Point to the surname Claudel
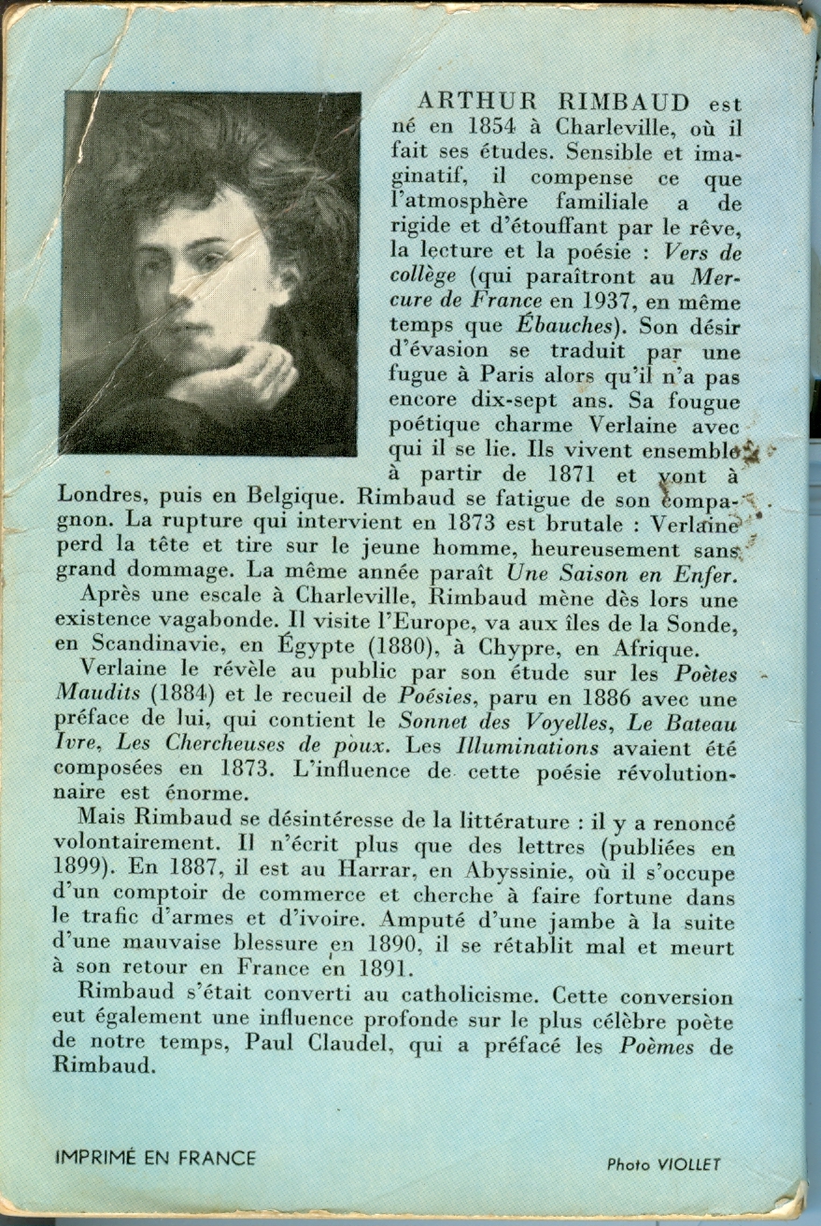click(352, 1046)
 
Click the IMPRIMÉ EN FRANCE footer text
click(155, 1159)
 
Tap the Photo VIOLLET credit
click(663, 1164)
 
